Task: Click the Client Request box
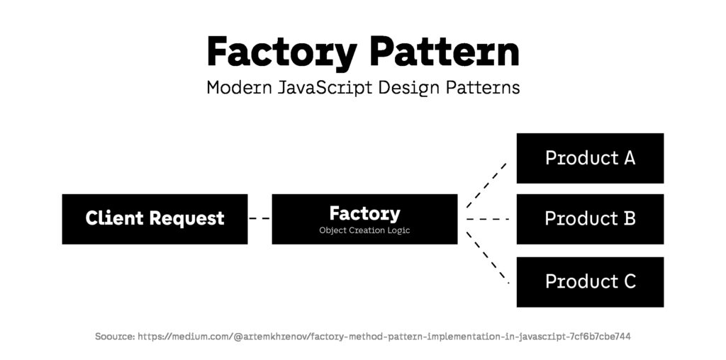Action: [155, 218]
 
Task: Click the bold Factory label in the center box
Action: [364, 213]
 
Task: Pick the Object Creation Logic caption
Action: [364, 230]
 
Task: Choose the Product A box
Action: [590, 158]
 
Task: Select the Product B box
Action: [590, 218]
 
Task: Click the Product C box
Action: [590, 281]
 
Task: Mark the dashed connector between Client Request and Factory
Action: [259, 218]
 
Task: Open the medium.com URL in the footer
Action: [384, 336]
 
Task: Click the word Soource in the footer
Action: [114, 336]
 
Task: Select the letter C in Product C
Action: [628, 281]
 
